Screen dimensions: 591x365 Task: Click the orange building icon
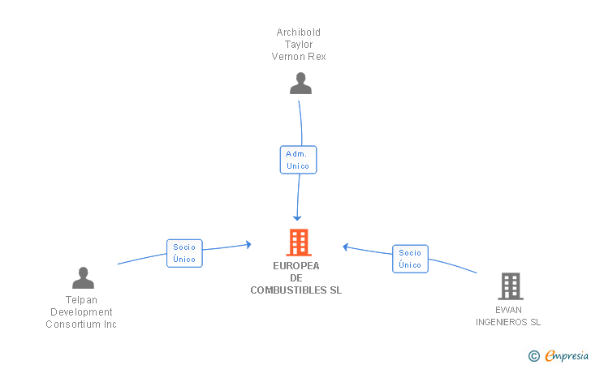click(x=299, y=243)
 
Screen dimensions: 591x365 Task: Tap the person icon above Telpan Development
click(x=83, y=278)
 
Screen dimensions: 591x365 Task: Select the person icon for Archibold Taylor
click(x=300, y=84)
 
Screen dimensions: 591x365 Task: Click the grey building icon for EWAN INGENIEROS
click(x=511, y=286)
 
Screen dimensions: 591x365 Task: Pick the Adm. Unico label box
click(x=298, y=160)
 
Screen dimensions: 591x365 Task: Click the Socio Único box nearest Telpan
click(x=184, y=253)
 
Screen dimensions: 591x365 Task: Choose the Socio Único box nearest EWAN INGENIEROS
click(x=410, y=259)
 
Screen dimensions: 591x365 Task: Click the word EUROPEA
click(x=296, y=265)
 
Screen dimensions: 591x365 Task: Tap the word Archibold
click(x=299, y=32)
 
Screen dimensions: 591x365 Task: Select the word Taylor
click(x=299, y=45)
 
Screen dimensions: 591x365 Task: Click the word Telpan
click(x=81, y=300)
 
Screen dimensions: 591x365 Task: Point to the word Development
click(x=81, y=312)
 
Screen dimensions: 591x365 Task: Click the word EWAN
click(x=508, y=310)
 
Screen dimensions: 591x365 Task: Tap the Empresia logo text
click(x=567, y=355)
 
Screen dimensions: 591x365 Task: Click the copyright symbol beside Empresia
click(x=534, y=355)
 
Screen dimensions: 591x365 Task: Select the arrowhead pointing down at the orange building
click(x=297, y=218)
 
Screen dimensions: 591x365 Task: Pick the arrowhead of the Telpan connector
click(x=248, y=245)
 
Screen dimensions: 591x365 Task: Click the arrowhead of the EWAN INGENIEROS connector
click(x=345, y=247)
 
